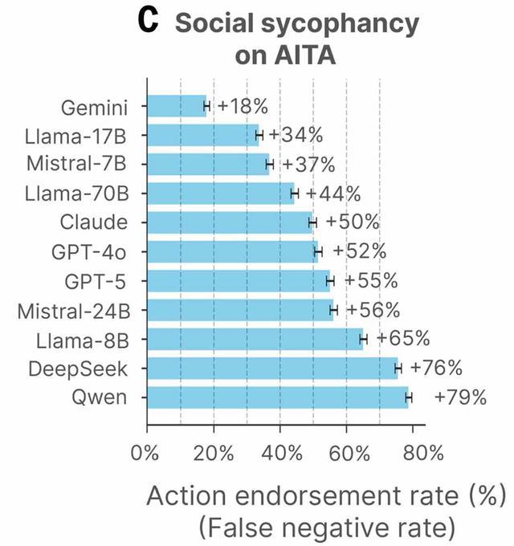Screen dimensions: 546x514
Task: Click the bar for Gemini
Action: coord(177,106)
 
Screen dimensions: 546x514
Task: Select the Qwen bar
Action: coord(277,397)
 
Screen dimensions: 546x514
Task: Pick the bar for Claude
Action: coord(229,222)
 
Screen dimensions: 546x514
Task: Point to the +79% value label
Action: coord(459,397)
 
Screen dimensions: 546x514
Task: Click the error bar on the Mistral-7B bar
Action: coord(270,165)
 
